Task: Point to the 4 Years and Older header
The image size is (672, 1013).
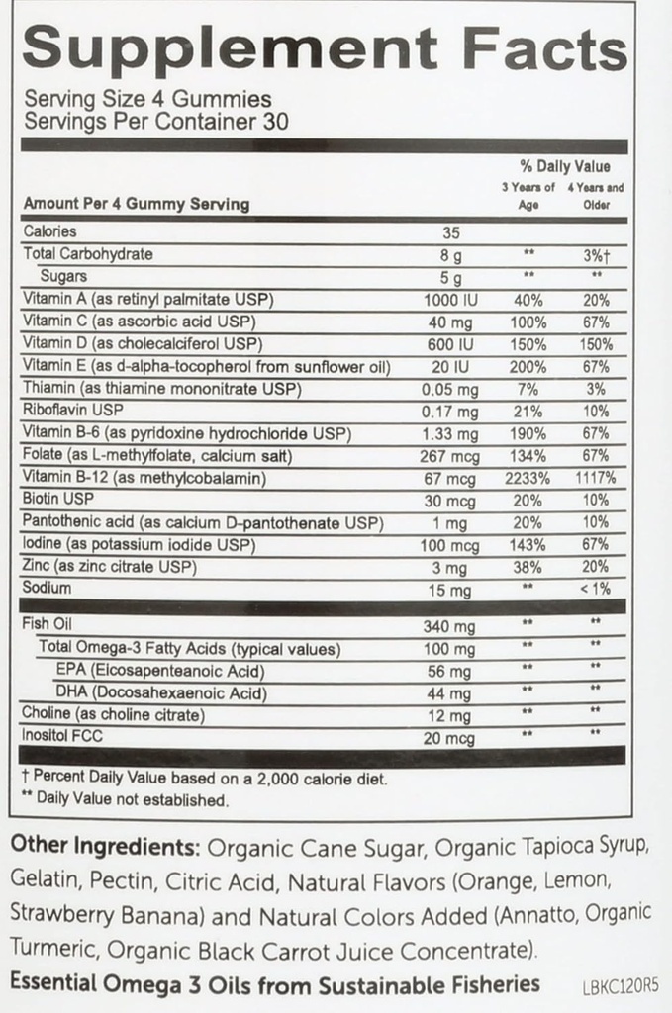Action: point(596,195)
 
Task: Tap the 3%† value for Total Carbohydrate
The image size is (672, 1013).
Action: point(596,254)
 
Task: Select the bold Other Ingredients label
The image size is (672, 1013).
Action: point(103,849)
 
